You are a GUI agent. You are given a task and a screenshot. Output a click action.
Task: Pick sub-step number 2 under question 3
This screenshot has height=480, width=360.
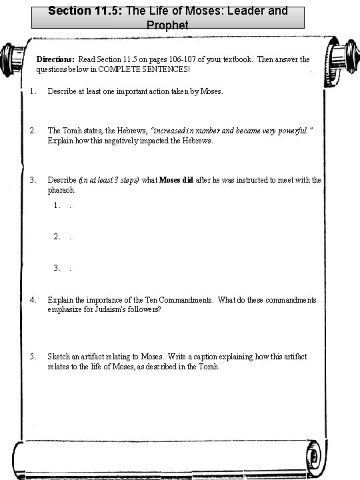click(x=57, y=237)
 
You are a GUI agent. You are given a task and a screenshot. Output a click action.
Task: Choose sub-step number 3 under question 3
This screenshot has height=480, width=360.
click(x=57, y=268)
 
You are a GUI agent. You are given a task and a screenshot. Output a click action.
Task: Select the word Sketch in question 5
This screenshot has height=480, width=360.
click(x=58, y=357)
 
